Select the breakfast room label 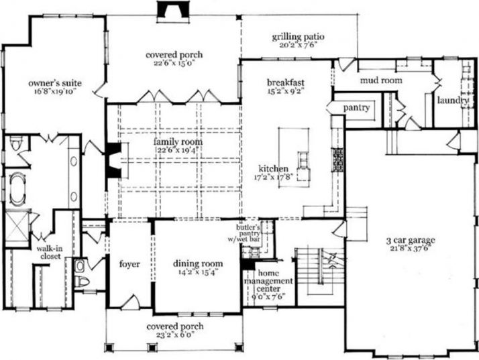tap(285, 81)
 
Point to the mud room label tap(380, 80)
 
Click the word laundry tap(452, 101)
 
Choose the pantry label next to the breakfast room tap(356, 108)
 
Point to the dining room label tap(198, 263)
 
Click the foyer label tap(129, 263)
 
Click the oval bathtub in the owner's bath tap(15, 186)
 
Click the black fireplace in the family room tap(113, 161)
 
